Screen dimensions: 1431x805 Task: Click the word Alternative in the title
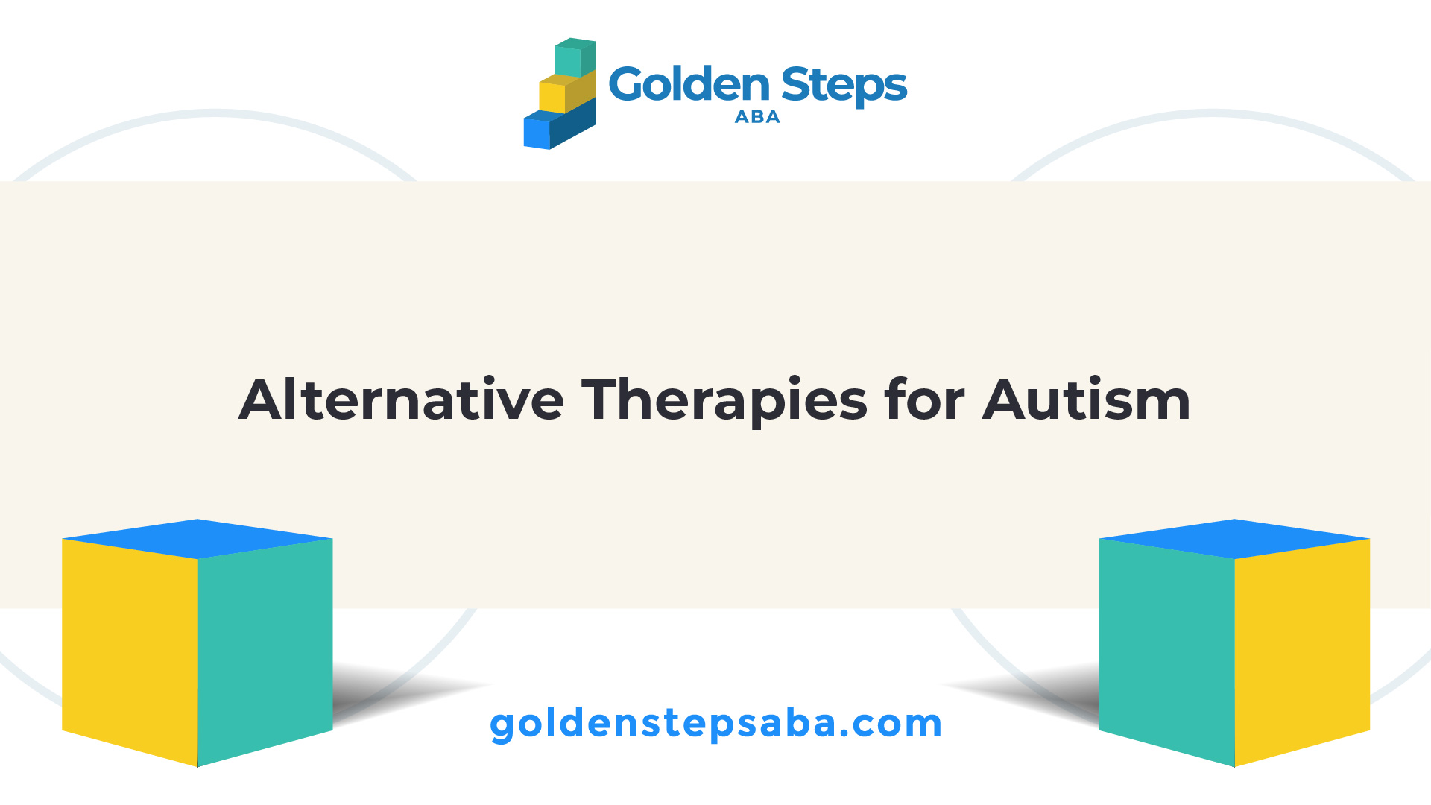pyautogui.click(x=401, y=400)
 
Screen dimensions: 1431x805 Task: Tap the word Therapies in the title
pyautogui.click(x=724, y=402)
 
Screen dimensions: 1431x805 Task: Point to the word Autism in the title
pyautogui.click(x=1087, y=400)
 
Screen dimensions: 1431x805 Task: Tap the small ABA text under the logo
pyautogui.click(x=757, y=117)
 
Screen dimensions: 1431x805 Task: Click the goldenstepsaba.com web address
pyautogui.click(x=715, y=724)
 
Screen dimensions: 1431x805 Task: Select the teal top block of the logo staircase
pyautogui.click(x=575, y=58)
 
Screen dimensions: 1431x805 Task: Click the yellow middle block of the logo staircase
pyautogui.click(x=566, y=92)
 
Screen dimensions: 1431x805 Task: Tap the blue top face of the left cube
pyautogui.click(x=198, y=538)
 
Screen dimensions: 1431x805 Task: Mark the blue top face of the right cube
pyautogui.click(x=1234, y=538)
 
